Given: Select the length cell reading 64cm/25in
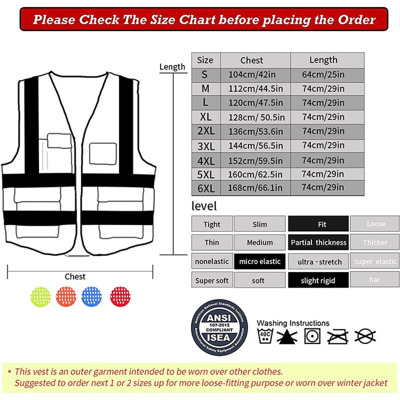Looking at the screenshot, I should point(323,74).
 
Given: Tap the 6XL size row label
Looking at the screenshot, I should point(205,188).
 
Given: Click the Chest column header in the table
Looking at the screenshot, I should point(251,60).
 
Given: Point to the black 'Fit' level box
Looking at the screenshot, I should point(318,224).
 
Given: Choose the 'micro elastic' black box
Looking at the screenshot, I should point(260,261).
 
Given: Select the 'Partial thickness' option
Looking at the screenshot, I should point(318,242).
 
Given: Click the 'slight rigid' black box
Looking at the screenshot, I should point(318,280).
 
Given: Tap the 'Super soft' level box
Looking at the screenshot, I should point(212,280).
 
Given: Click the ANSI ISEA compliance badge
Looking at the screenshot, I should point(219,329).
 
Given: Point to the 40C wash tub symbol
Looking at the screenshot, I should point(264,336).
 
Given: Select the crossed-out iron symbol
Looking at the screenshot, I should point(337,336).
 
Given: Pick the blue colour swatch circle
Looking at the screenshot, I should point(91,296).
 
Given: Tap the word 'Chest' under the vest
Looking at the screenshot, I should point(75,276).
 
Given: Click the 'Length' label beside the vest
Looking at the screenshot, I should point(172,66).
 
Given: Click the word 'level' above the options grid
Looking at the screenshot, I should point(204,206).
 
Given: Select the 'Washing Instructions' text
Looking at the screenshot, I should point(293,323).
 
